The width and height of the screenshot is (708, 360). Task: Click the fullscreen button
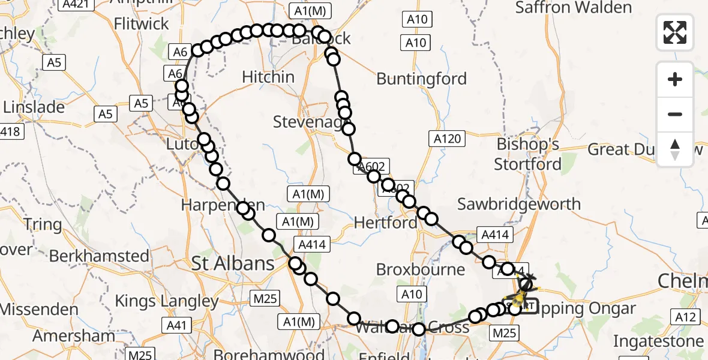(x=675, y=32)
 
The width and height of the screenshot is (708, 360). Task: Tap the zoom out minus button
(x=675, y=114)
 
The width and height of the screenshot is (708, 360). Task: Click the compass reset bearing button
(x=675, y=149)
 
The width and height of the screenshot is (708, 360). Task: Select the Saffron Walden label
(x=574, y=8)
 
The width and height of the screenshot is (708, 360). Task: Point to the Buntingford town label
(x=421, y=79)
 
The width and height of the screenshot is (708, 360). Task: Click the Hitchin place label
(x=268, y=77)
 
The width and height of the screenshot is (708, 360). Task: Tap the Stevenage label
(x=310, y=122)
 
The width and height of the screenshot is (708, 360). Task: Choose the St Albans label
(x=233, y=263)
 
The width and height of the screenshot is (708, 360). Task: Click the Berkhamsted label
(x=99, y=256)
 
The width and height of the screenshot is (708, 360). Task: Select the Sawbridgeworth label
(x=519, y=204)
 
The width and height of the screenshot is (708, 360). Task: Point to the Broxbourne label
(x=421, y=269)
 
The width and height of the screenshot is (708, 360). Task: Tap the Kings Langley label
(x=167, y=301)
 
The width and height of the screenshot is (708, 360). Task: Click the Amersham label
(x=74, y=336)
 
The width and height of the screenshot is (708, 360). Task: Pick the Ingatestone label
(x=658, y=341)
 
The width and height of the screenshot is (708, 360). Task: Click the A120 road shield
(x=448, y=139)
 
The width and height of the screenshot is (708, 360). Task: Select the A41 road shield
(x=176, y=326)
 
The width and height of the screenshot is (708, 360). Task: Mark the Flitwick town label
(x=142, y=24)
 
